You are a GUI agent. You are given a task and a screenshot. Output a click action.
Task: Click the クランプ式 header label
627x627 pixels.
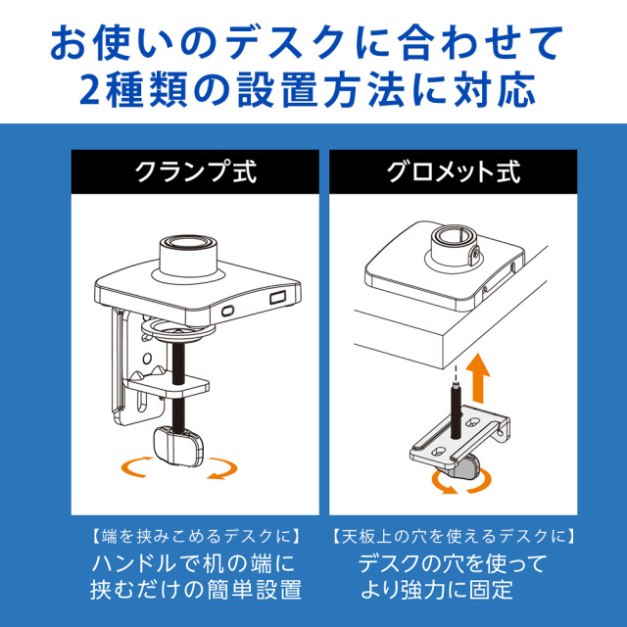(196, 172)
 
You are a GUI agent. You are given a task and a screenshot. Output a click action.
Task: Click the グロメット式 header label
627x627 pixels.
(454, 172)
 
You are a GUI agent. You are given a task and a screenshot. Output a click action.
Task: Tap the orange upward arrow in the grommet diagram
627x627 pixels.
(478, 378)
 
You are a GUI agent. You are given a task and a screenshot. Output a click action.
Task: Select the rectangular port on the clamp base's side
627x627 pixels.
(277, 298)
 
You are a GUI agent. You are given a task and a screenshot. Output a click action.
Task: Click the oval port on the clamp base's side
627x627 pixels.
(228, 311)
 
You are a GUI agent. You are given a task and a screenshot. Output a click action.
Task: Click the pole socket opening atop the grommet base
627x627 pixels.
(453, 233)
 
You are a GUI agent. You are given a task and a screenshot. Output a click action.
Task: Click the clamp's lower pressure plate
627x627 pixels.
(166, 386)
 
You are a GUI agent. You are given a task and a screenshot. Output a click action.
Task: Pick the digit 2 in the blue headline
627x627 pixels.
(91, 89)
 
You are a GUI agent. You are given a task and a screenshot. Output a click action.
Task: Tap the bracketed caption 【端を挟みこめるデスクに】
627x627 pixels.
(196, 537)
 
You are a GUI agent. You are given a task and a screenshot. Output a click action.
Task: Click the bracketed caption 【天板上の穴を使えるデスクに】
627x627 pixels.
(454, 537)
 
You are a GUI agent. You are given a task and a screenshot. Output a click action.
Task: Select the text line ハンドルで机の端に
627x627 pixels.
(194, 563)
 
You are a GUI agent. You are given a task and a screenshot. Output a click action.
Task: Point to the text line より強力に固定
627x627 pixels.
(437, 590)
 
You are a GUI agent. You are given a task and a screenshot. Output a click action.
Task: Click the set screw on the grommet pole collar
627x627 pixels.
(475, 253)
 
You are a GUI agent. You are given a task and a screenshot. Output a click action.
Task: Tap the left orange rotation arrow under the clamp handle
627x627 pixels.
(137, 467)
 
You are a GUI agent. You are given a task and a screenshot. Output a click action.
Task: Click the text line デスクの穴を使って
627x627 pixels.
(452, 563)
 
